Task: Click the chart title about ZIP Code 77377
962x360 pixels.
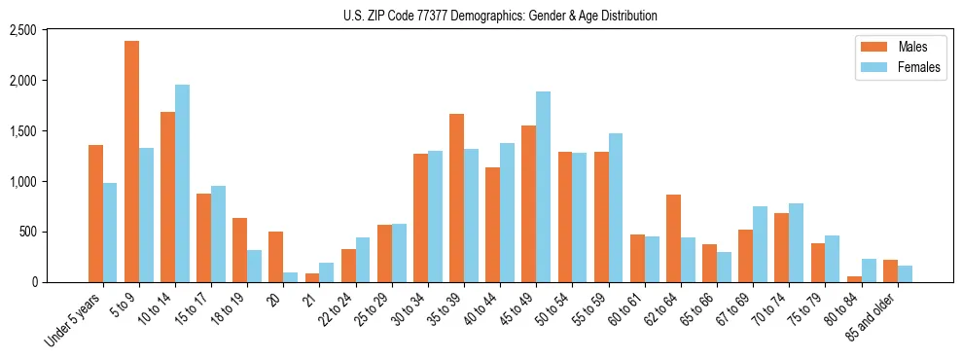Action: pyautogui.click(x=500, y=16)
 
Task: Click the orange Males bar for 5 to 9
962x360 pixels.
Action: pyautogui.click(x=131, y=162)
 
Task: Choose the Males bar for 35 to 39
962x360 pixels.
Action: pyautogui.click(x=456, y=198)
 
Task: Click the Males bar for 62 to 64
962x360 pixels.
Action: pyautogui.click(x=673, y=238)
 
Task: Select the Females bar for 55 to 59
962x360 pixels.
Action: pyautogui.click(x=615, y=208)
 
